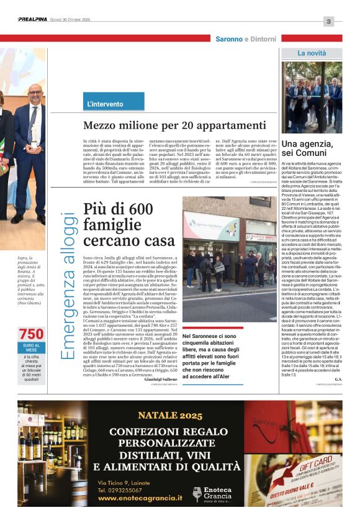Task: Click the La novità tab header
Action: coord(312,53)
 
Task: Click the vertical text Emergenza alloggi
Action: coord(70,285)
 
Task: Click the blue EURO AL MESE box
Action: coord(32,348)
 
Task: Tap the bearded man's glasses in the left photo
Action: coord(35,94)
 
